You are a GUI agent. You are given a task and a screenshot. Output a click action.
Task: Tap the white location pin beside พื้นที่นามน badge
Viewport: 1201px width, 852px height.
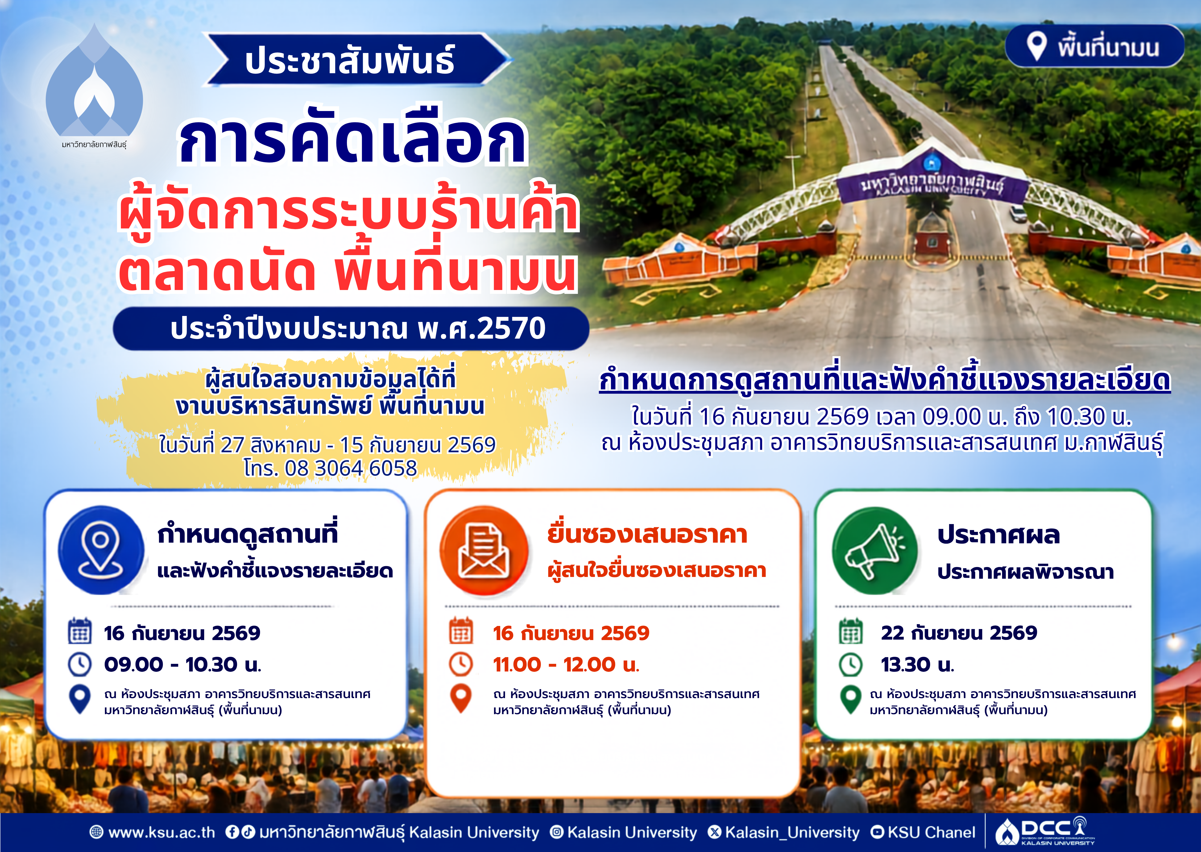tap(1036, 46)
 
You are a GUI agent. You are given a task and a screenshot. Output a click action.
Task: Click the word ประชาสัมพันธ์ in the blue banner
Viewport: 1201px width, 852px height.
tap(350, 60)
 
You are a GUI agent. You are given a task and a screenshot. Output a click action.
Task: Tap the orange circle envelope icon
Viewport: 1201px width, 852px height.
tap(484, 551)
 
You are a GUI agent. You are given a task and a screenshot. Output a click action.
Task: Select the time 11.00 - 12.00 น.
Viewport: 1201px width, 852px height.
tap(566, 665)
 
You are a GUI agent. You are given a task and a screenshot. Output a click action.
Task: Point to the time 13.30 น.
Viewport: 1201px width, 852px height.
tap(917, 665)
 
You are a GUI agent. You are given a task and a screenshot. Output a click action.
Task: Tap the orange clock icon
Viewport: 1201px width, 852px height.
tap(461, 664)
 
